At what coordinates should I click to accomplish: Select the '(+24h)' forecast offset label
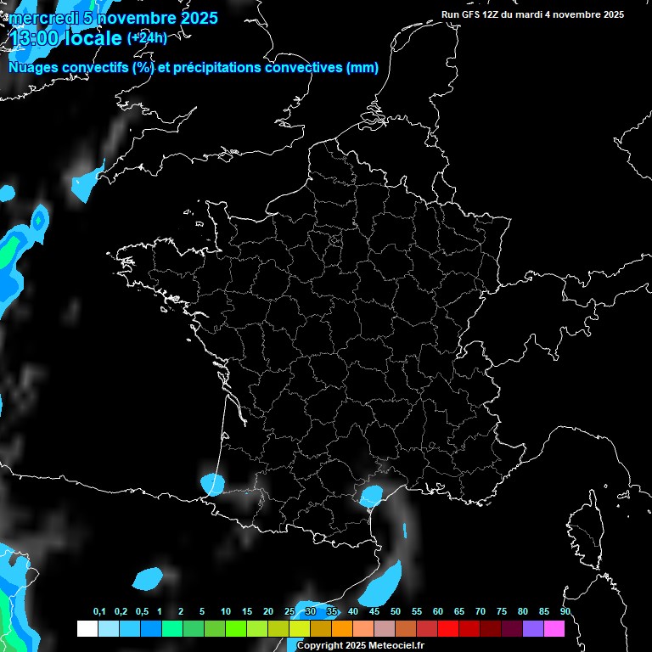pos(147,37)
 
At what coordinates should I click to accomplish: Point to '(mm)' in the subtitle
pos(363,68)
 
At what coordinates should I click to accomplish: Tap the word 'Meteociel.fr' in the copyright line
pos(397,646)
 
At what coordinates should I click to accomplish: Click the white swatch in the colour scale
pos(87,629)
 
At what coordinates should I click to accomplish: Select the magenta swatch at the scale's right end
pos(554,629)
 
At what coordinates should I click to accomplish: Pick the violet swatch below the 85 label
pos(532,629)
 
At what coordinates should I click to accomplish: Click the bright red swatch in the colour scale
pos(447,629)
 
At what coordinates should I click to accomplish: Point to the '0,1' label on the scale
pos(99,612)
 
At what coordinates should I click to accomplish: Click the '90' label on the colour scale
pos(565,612)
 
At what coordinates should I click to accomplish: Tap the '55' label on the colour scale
pos(416,612)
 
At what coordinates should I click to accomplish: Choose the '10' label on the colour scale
pos(225,612)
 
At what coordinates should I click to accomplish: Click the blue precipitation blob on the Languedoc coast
pos(371,495)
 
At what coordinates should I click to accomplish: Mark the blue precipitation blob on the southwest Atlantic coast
pos(212,484)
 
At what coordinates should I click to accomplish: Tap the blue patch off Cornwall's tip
pos(85,183)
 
